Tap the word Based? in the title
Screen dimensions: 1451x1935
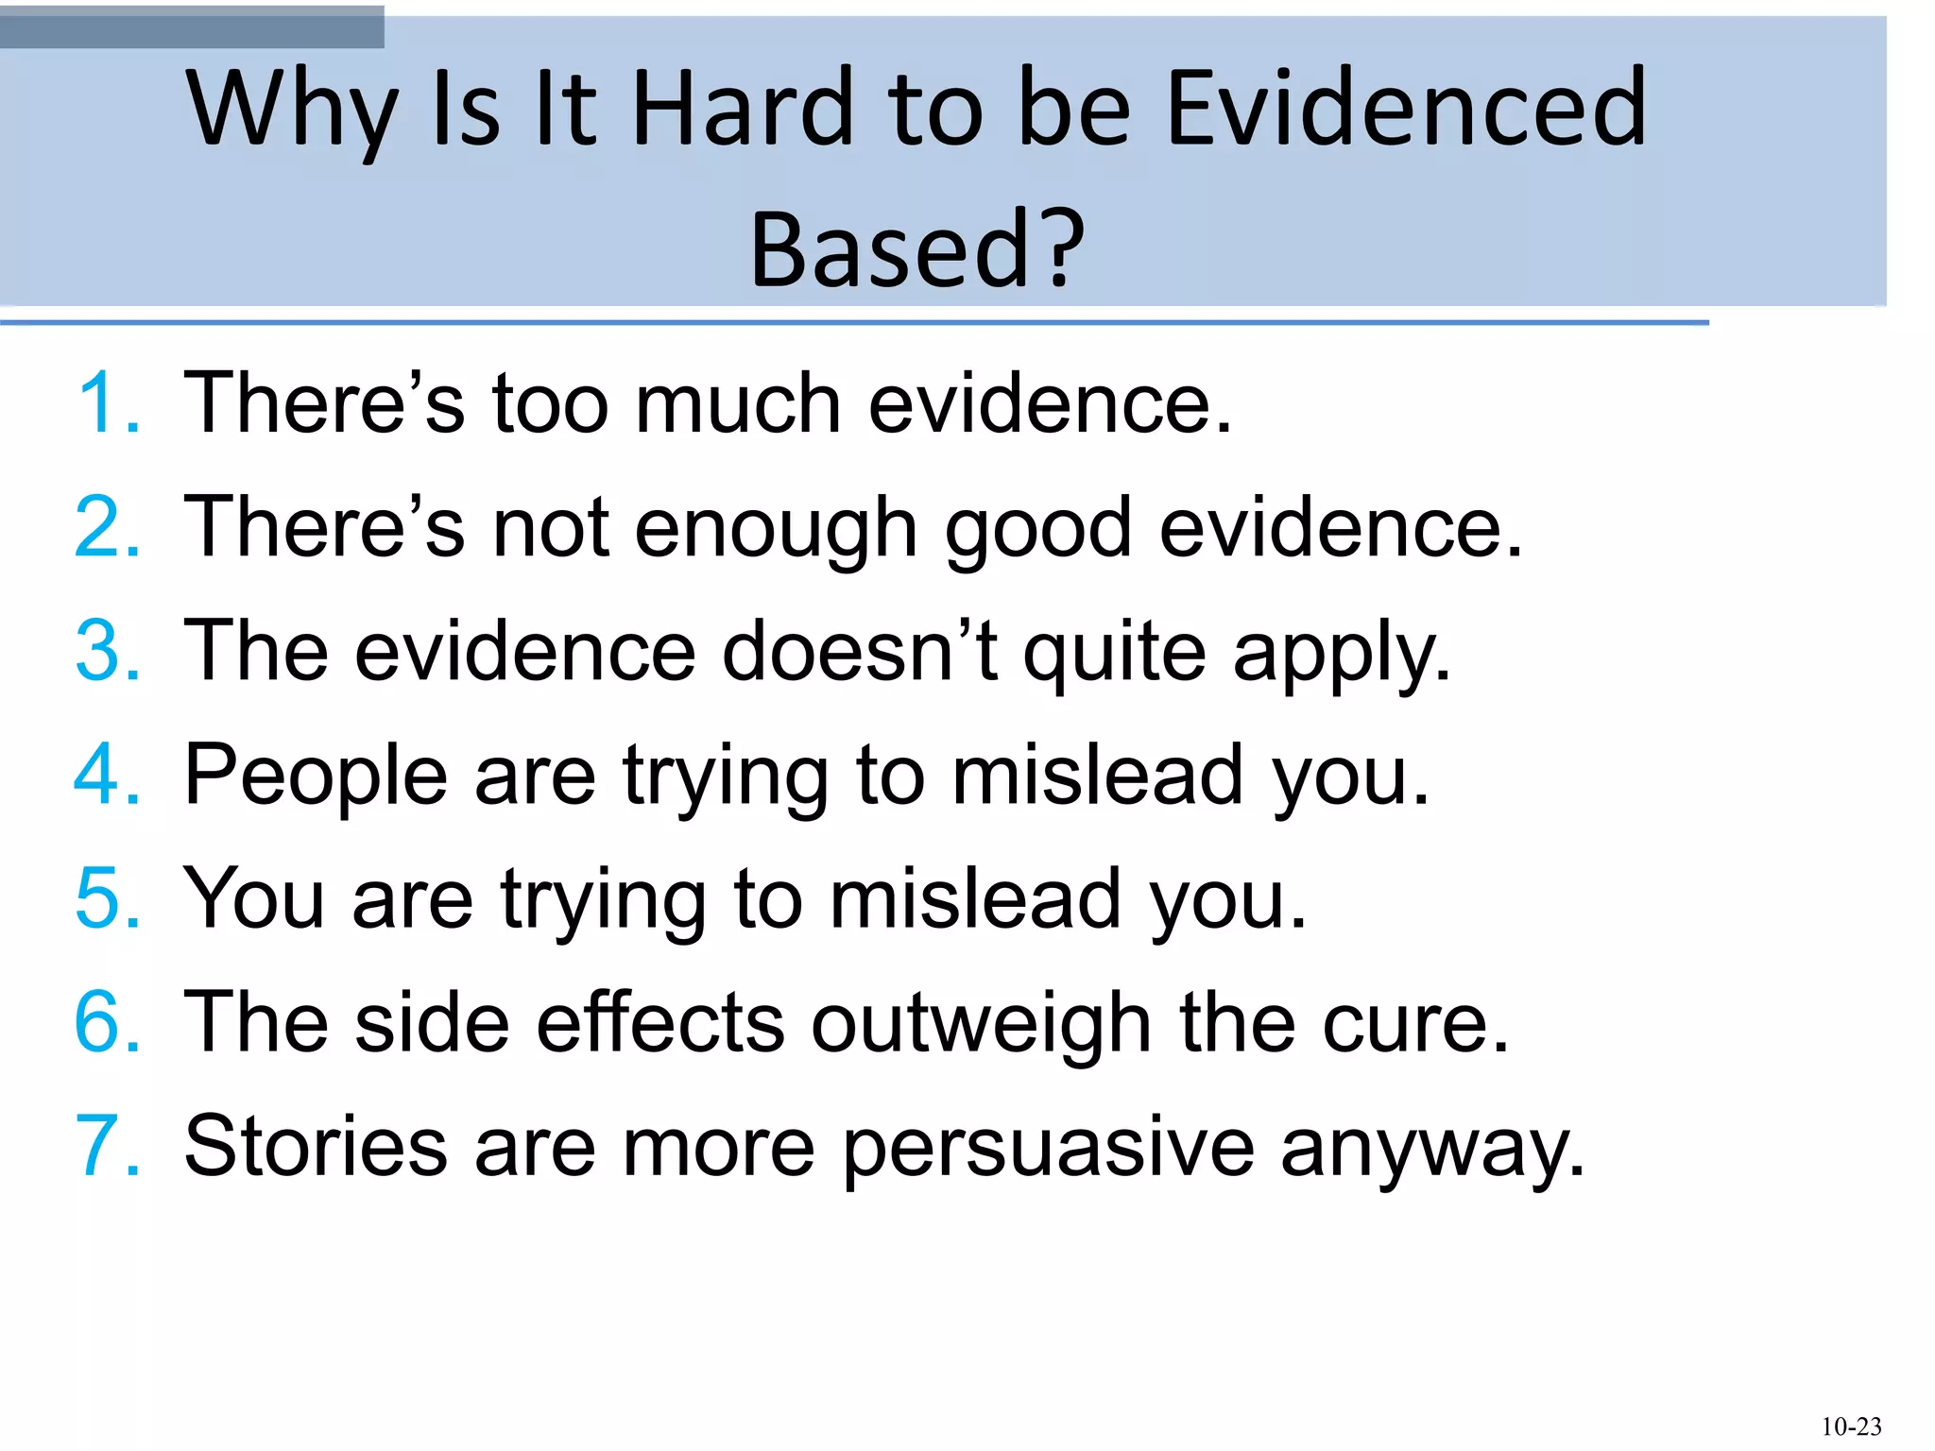(917, 249)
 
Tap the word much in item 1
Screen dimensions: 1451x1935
(738, 404)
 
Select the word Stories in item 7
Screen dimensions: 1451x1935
(316, 1147)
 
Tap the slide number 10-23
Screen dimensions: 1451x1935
(1851, 1426)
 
